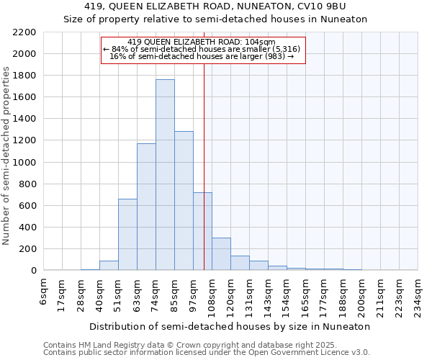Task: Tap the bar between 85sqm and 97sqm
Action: [x=184, y=201]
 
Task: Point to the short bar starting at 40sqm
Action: [x=109, y=266]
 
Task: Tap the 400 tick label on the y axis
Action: [x=27, y=228]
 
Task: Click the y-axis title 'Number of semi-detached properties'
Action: [x=7, y=156]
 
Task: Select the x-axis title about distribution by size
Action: [x=231, y=326]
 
